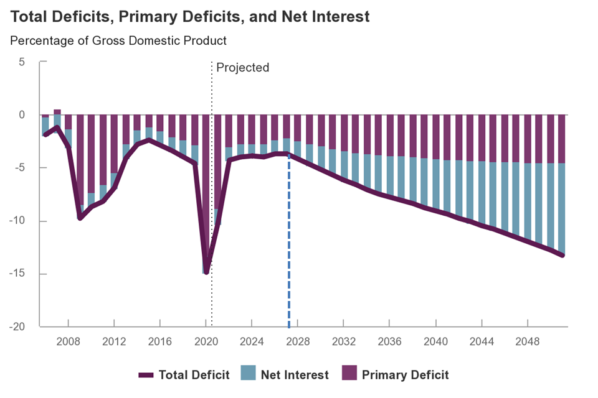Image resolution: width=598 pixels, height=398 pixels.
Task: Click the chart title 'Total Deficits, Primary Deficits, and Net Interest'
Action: tap(190, 17)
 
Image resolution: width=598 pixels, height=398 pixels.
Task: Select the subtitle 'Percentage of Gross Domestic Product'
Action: tap(118, 41)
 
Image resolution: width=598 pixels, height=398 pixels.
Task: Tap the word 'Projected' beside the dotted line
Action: tap(242, 67)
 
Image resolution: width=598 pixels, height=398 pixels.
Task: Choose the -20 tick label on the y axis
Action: tap(17, 327)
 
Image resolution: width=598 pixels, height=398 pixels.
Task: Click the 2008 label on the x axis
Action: tap(68, 343)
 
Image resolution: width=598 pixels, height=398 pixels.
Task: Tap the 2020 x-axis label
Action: tap(206, 343)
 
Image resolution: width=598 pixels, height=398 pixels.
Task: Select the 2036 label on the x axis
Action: tap(390, 343)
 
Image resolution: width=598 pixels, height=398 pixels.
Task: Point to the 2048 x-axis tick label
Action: tap(528, 343)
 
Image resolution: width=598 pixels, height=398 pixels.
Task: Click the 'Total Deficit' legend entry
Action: tap(184, 375)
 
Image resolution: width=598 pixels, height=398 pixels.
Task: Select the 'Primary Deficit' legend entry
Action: tap(395, 375)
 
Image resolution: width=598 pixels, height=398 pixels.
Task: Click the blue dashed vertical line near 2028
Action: tap(289, 249)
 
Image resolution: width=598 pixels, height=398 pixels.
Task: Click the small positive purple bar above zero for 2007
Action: tap(57, 112)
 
